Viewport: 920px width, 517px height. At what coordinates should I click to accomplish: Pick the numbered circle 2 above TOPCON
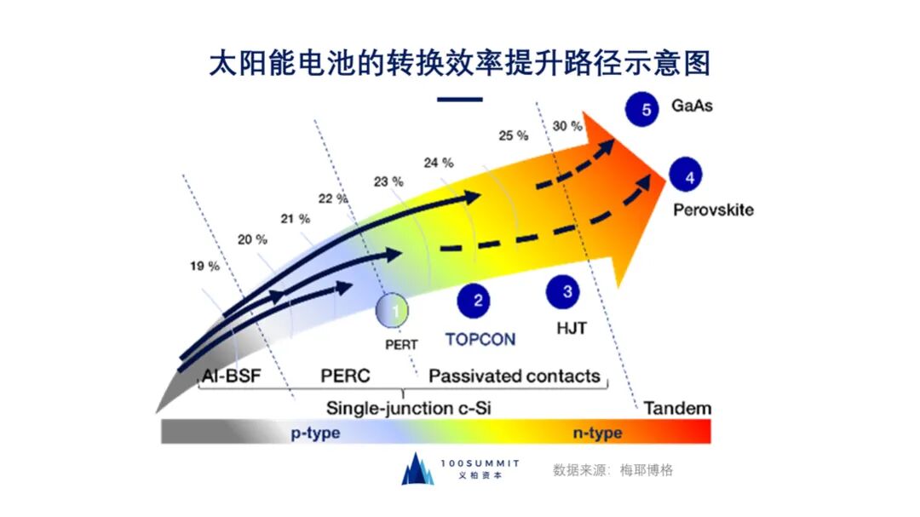click(477, 299)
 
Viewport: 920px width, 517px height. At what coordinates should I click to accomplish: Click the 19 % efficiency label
click(204, 267)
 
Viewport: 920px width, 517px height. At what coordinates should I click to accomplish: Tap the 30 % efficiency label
click(567, 126)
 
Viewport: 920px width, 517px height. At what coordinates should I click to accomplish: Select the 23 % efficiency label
click(388, 181)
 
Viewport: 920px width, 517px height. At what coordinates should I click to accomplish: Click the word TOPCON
click(480, 339)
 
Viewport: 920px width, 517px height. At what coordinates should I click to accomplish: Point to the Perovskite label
click(714, 210)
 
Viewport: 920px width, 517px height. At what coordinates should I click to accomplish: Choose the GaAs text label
click(692, 108)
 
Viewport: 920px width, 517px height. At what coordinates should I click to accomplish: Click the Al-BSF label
click(231, 376)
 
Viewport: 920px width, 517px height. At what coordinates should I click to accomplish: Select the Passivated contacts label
click(515, 376)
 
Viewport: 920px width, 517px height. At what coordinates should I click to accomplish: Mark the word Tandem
click(677, 408)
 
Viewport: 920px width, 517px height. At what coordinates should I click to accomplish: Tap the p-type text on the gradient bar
click(314, 433)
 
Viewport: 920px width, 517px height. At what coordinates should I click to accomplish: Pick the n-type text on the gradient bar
click(596, 433)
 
